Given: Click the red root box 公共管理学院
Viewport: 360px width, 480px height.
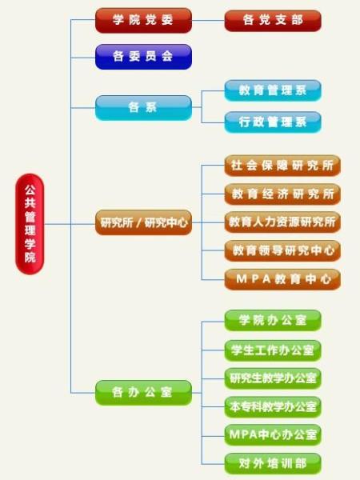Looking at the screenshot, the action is [30, 224].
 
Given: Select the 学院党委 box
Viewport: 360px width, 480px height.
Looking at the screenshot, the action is [143, 21].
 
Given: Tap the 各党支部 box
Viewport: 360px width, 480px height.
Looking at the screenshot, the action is [273, 21].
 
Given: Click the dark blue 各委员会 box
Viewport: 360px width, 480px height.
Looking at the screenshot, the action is [143, 57].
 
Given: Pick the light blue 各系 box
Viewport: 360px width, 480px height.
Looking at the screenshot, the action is [143, 108].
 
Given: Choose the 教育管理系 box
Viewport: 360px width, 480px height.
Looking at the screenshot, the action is [273, 90].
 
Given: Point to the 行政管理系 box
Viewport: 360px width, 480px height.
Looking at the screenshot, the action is [273, 122].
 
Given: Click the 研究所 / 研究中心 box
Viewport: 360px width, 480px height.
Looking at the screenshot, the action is [143, 222].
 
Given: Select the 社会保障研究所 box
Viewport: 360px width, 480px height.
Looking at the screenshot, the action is [282, 166].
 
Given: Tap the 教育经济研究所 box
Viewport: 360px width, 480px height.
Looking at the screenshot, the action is [282, 194].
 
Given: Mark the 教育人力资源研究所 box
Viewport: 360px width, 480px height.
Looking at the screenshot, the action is [282, 222].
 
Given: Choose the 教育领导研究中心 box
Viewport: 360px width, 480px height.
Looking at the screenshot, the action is [282, 250].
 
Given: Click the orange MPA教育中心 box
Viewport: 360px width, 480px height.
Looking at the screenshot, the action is [282, 279].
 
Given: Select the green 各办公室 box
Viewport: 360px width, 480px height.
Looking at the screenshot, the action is [143, 393].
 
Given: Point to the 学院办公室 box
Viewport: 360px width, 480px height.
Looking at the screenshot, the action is [273, 321].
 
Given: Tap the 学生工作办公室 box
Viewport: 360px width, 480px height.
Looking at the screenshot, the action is [273, 350].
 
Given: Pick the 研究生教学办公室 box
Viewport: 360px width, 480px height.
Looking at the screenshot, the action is [273, 378].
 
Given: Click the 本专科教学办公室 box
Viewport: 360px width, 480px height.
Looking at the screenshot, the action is [273, 407].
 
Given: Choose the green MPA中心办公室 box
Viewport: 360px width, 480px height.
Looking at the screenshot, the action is [273, 435].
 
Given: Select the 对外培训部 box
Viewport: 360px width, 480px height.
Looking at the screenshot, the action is [273, 464].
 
